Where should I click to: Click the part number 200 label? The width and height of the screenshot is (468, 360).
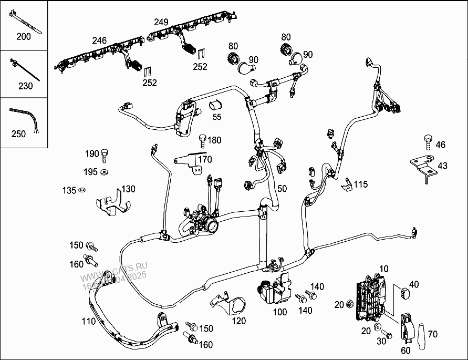[24, 37]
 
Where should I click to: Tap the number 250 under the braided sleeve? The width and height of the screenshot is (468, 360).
[18, 133]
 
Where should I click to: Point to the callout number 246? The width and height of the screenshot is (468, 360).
[99, 40]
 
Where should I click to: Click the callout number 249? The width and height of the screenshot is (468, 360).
[161, 22]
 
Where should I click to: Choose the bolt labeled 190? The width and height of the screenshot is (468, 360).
[107, 155]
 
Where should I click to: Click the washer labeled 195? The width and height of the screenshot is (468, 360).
[105, 172]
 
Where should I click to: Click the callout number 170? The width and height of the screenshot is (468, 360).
[205, 159]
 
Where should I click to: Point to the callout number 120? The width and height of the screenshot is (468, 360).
[239, 321]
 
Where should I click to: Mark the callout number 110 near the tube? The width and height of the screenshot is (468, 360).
[89, 321]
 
